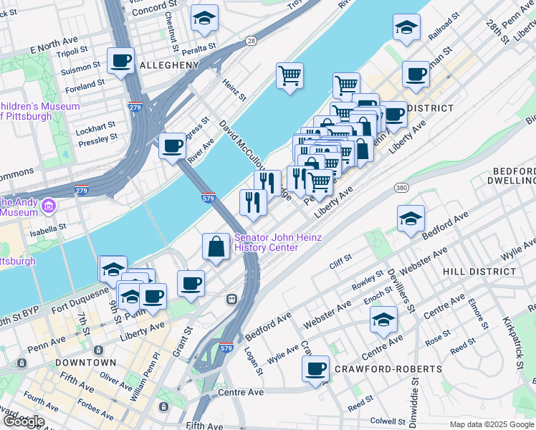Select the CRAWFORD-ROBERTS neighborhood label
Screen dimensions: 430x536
click(388, 368)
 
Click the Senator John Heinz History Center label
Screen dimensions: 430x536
click(266, 242)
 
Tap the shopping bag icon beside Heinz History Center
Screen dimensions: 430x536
click(216, 247)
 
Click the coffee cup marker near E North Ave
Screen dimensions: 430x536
click(120, 60)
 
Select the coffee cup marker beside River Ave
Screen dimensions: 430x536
click(172, 146)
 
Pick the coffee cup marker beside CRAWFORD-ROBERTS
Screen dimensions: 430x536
click(315, 370)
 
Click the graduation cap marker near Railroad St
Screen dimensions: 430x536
click(406, 28)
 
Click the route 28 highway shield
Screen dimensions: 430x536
click(251, 42)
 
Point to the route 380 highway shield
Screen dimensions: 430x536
click(401, 187)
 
